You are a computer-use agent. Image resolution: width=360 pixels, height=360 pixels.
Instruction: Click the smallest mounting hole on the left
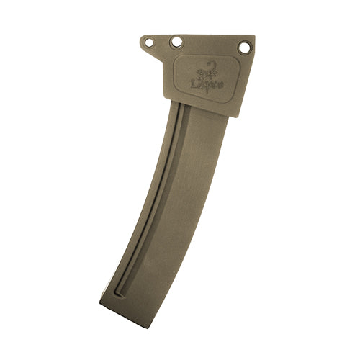pos(149,42)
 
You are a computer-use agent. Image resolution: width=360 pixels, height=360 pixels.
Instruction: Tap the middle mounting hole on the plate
pos(176,42)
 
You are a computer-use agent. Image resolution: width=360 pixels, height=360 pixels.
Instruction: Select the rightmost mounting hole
pos(244,48)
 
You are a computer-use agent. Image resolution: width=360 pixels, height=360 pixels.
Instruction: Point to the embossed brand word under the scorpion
pos(206,84)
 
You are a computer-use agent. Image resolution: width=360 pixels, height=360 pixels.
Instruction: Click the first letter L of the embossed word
pos(193,83)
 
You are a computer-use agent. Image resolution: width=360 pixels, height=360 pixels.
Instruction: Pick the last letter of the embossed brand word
pos(220,85)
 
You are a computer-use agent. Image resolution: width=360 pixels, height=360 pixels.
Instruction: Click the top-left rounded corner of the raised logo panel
pos(177,58)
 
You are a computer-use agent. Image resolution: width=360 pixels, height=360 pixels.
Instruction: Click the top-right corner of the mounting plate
pos(254,37)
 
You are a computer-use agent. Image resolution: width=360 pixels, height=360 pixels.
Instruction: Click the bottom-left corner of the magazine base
pos(100,302)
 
